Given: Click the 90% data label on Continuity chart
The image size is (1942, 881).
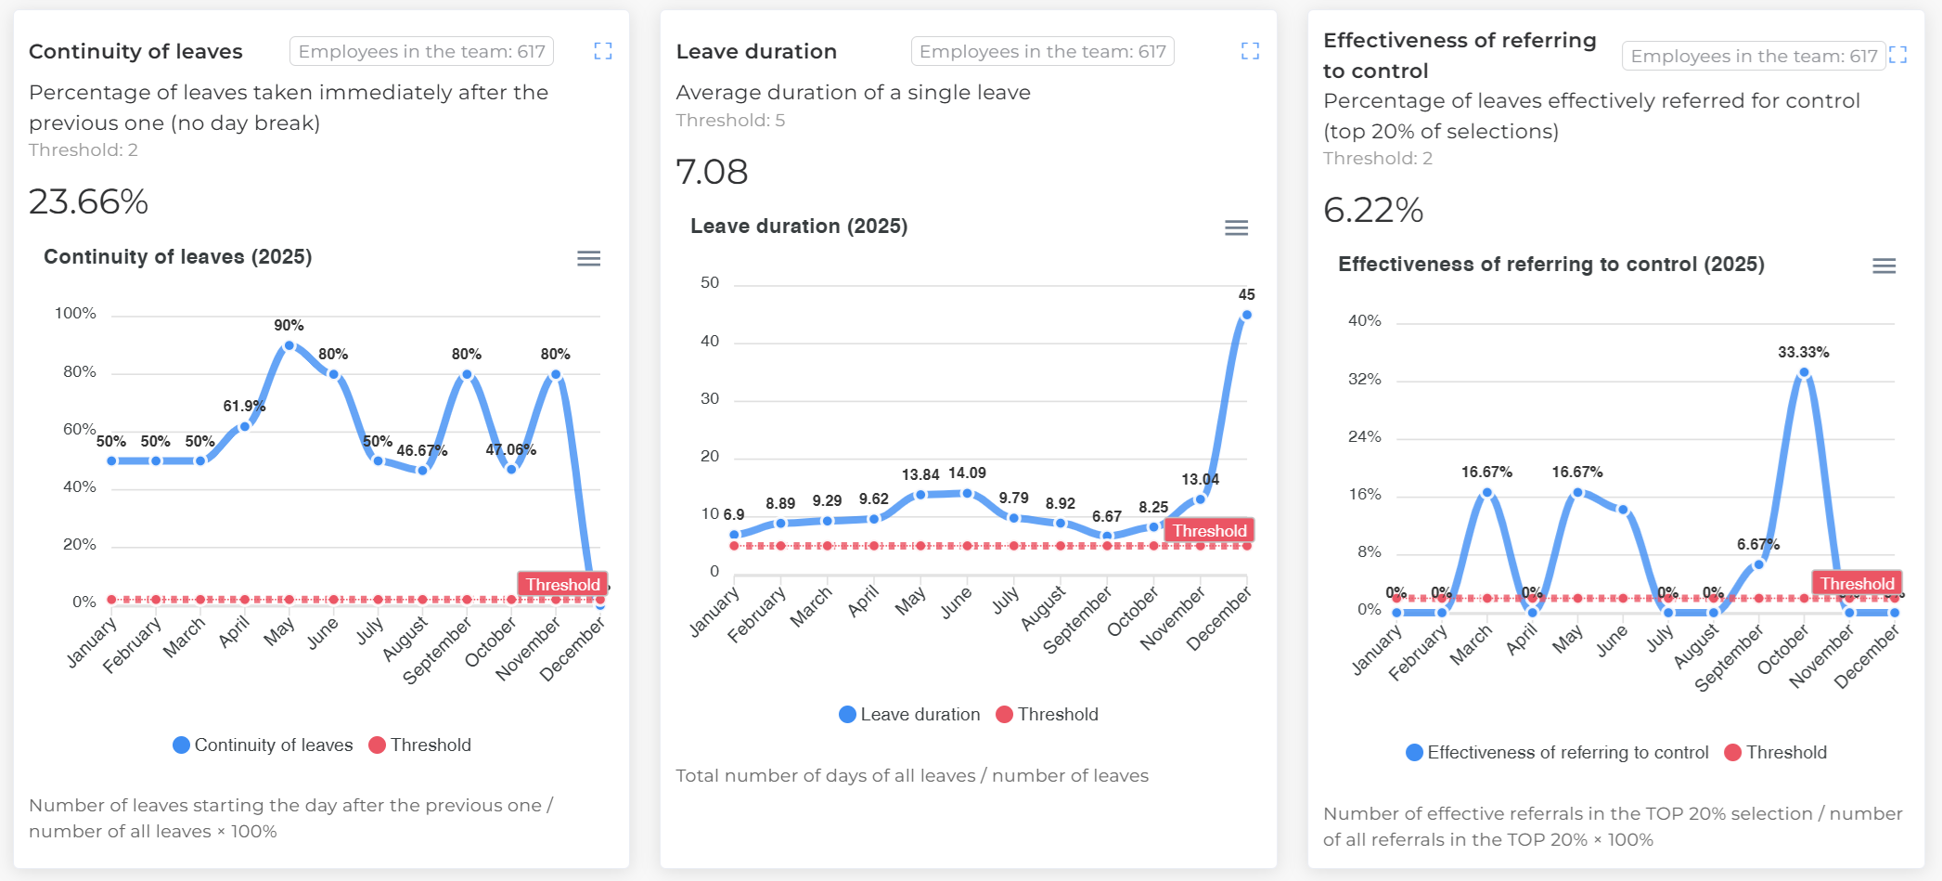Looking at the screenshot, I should click(x=289, y=325).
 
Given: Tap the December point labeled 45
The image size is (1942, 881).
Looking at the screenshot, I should click(x=1246, y=315).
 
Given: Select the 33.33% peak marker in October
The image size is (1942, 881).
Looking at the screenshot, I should click(x=1804, y=372).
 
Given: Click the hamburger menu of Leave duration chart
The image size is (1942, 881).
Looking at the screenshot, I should click(x=1236, y=227).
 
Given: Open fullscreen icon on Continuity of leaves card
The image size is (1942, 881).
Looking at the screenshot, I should click(x=603, y=51).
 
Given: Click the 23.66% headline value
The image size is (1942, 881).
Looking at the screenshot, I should click(x=89, y=201).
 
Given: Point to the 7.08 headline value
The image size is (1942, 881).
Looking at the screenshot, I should click(x=712, y=172).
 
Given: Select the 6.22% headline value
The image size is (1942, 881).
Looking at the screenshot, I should click(x=1373, y=210).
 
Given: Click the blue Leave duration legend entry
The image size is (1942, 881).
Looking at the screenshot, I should click(x=909, y=714).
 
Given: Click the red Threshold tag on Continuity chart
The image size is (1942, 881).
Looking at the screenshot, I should click(x=562, y=584).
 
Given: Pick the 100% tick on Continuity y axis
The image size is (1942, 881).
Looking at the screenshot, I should click(x=75, y=314).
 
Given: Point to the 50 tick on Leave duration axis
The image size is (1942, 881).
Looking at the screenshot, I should click(x=710, y=282).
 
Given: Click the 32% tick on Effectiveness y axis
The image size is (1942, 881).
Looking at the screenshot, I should click(x=1364, y=379).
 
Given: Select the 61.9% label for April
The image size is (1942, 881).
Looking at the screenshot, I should click(x=244, y=406).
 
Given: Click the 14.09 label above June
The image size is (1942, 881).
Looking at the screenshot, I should click(x=967, y=473).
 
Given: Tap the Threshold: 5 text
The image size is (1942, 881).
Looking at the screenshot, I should click(x=730, y=120).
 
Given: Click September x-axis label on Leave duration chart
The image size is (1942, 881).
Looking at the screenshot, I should click(x=1077, y=620).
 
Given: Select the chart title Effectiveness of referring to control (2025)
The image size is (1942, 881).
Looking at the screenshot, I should click(x=1550, y=264).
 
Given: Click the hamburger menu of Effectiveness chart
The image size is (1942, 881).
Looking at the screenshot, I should click(x=1884, y=266).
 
